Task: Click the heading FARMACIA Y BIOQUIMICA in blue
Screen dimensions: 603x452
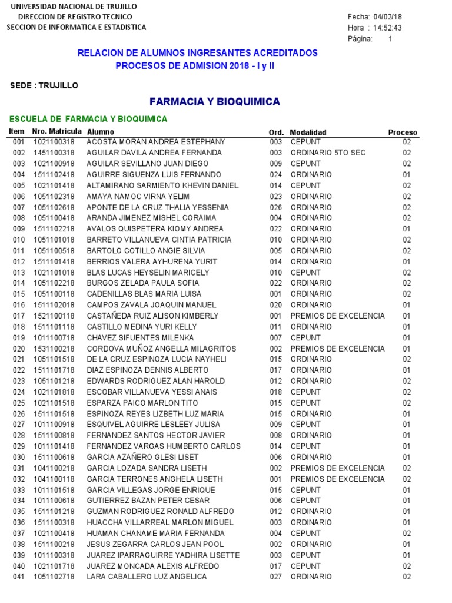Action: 215,102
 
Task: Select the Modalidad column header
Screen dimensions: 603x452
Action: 308,132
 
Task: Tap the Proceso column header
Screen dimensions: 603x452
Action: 403,132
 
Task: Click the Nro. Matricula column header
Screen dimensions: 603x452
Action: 58,132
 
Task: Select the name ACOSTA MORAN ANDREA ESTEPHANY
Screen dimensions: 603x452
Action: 155,142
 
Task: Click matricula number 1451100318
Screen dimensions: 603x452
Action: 54,153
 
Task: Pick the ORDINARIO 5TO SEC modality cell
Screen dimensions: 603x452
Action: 328,153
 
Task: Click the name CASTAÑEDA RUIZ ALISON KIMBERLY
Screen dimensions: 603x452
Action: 152,316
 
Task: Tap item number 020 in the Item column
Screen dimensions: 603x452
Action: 19,349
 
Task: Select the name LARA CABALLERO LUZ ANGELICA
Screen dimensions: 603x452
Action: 147,577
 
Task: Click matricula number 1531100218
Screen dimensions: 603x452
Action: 54,349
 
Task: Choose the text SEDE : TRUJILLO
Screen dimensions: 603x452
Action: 44,86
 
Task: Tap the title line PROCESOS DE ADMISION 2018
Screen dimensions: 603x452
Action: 194,65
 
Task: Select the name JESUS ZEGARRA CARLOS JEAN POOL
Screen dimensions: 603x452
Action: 155,544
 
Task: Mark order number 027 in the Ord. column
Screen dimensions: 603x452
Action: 276,577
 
